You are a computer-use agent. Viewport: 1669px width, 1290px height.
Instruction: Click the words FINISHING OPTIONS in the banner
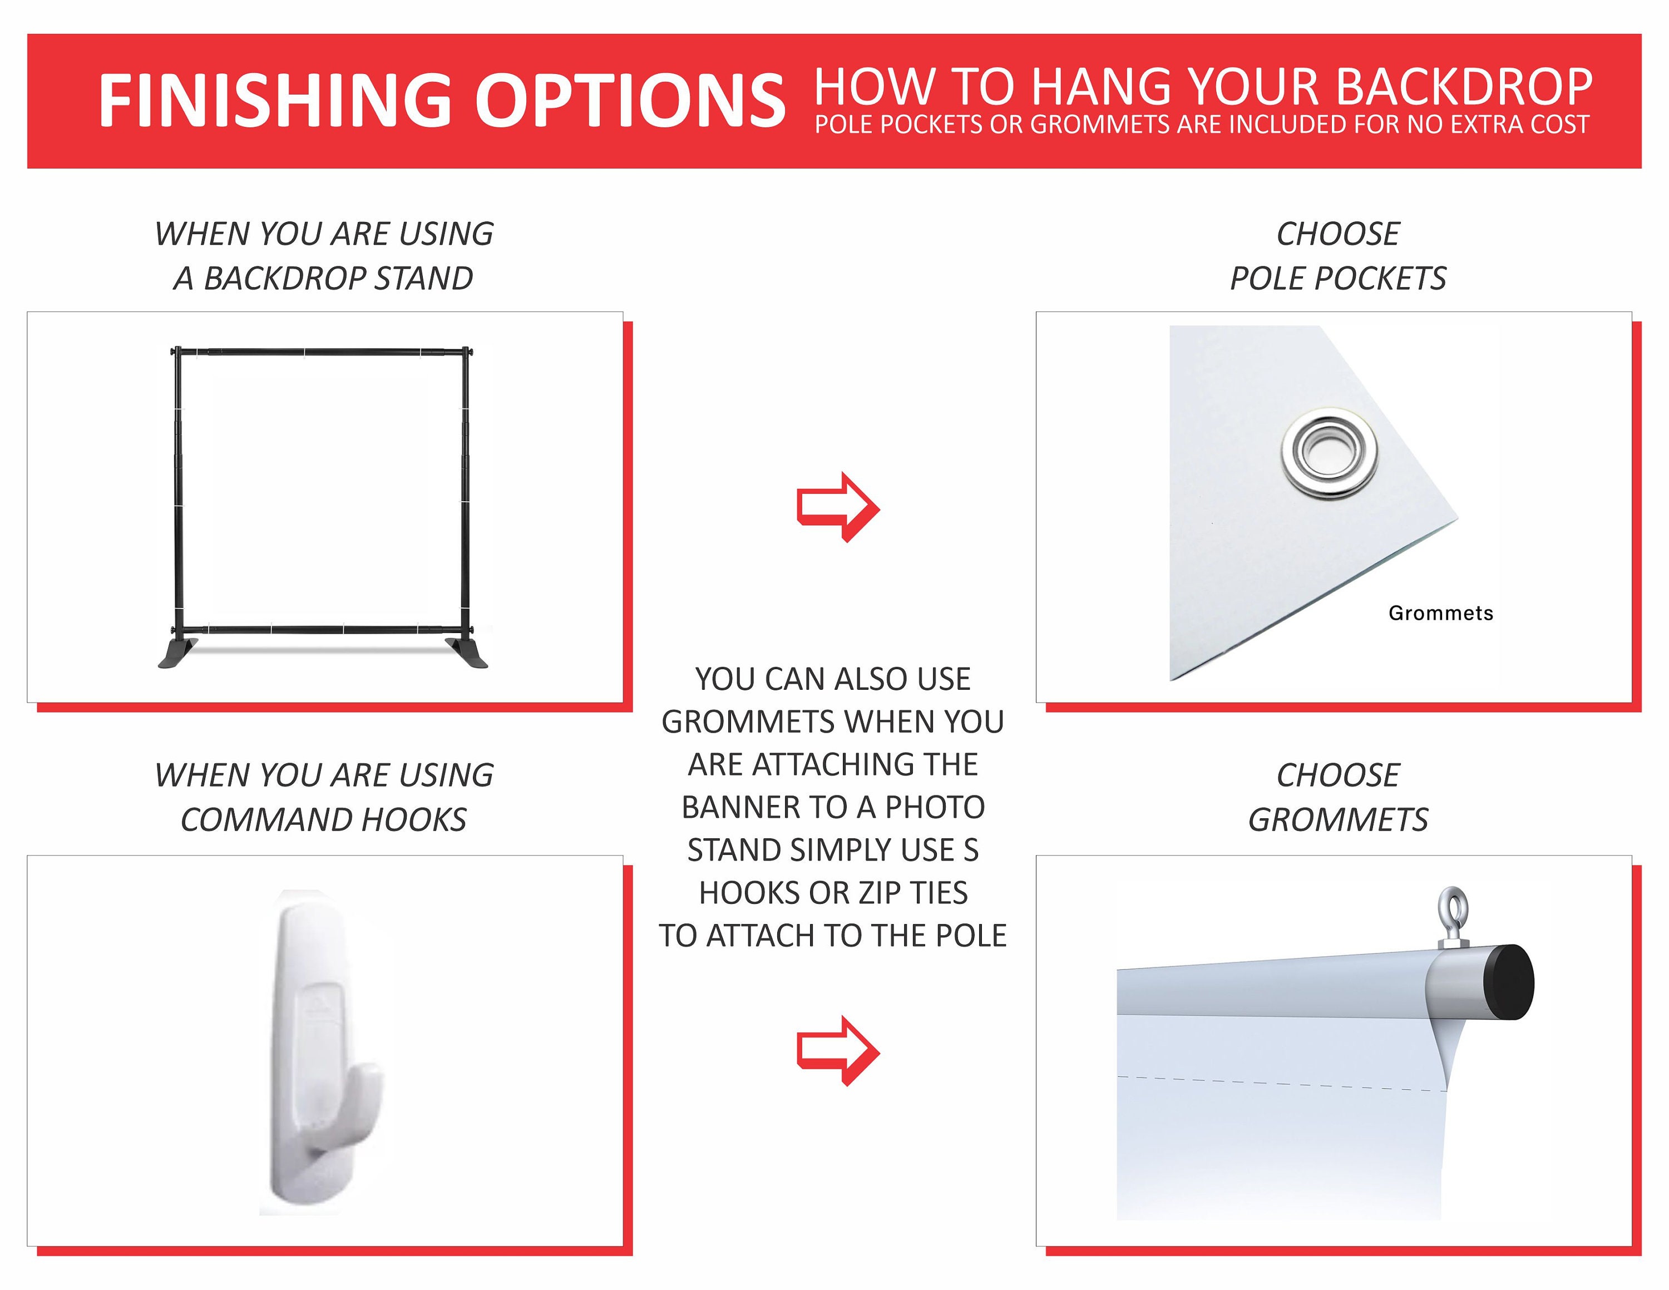(x=442, y=100)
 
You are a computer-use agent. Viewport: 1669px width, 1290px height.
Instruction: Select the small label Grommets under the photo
(x=1440, y=613)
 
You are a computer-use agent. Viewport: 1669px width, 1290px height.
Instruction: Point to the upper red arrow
(x=838, y=507)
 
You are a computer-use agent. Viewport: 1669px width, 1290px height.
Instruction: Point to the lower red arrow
(x=838, y=1051)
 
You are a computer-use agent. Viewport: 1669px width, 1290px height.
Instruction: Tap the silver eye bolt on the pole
(x=1452, y=917)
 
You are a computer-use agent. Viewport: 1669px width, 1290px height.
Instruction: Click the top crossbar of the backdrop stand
(x=322, y=352)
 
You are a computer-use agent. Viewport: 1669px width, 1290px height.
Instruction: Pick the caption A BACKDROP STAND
(x=323, y=278)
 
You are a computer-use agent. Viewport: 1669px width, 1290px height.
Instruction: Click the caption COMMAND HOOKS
(x=323, y=820)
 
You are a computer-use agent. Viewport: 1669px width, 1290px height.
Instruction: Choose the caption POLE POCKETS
(x=1338, y=278)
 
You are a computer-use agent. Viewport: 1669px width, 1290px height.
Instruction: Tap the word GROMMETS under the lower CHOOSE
(x=1338, y=820)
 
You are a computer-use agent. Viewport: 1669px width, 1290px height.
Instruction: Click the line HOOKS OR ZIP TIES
(x=833, y=893)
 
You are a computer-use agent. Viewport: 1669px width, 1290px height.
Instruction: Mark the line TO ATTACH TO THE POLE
(x=833, y=936)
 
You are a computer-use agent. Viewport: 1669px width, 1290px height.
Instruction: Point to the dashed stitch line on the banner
(x=1282, y=1084)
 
